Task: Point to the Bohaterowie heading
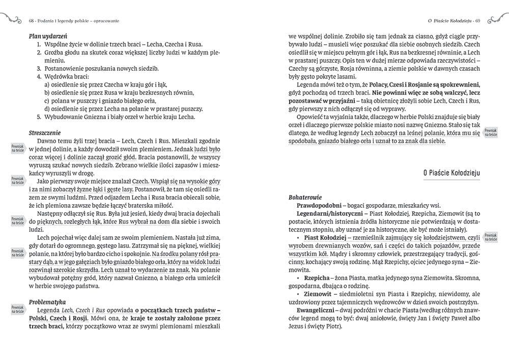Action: (x=305, y=196)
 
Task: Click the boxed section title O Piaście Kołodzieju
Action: (x=452, y=173)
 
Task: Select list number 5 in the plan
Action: (x=39, y=117)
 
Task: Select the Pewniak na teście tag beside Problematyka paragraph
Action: (x=18, y=309)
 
